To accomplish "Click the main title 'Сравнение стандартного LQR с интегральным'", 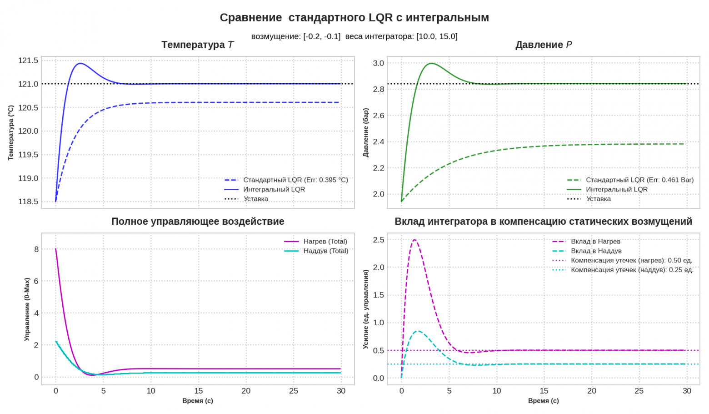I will (x=354, y=17).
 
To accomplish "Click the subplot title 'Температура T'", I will (x=197, y=45).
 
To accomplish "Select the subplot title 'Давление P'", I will (x=543, y=45).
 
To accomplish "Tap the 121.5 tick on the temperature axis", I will (x=28, y=61).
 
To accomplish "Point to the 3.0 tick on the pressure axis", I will (x=378, y=63).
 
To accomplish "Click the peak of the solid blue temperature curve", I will (x=80, y=63).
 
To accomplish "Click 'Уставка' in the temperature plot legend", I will (x=256, y=199).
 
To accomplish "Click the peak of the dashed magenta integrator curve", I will (x=414, y=240).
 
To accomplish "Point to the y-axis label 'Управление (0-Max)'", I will (x=27, y=309).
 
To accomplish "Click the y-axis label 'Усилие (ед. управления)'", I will (x=365, y=309).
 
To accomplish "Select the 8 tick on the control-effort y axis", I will (x=36, y=249).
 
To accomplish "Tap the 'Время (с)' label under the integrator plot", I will (x=543, y=400).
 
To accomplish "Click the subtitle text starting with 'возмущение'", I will (x=354, y=36).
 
